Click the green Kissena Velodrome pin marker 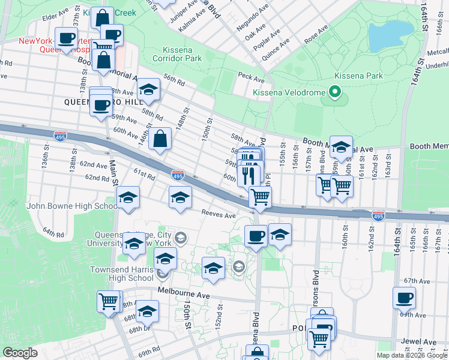point(334,92)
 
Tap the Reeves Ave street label point(218,214)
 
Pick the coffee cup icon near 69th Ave point(405,298)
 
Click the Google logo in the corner point(20,353)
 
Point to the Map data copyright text point(412,355)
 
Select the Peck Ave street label point(251,79)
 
